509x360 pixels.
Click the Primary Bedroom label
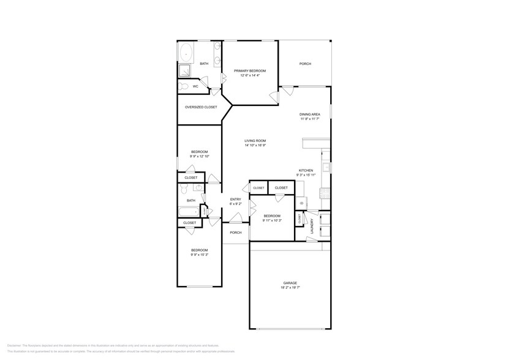coord(249,70)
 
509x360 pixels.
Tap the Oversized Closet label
coord(201,107)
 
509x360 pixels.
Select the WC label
coord(195,86)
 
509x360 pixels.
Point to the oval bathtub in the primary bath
coord(186,53)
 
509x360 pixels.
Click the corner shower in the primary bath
coord(184,72)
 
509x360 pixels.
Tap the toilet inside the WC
coord(183,86)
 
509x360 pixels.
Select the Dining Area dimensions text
coord(310,119)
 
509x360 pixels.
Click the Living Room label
coord(255,141)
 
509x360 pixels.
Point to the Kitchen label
coord(306,170)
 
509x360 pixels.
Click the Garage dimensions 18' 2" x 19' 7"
coord(290,287)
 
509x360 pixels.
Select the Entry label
coord(235,199)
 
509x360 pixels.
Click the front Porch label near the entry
coord(235,233)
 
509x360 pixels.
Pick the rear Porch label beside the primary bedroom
coord(304,64)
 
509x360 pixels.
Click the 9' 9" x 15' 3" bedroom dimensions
coord(199,255)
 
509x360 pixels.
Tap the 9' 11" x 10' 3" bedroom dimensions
coord(272,220)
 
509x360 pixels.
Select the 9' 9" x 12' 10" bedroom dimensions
coord(199,157)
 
